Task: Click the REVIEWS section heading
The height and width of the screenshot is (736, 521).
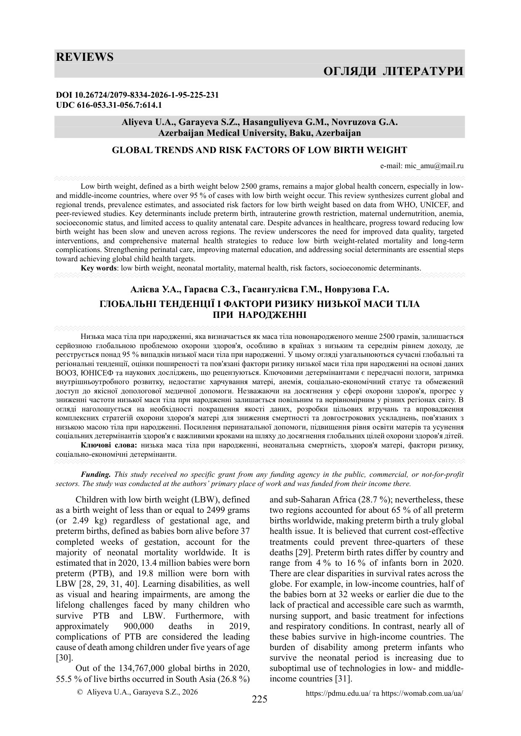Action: pyautogui.click(x=85, y=57)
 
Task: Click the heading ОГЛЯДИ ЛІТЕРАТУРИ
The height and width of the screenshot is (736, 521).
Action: pyautogui.click(x=393, y=71)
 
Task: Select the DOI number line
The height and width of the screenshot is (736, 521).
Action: pyautogui.click(x=137, y=95)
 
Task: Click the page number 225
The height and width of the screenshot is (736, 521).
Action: pyautogui.click(x=259, y=699)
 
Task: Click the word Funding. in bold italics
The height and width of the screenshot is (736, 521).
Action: pyautogui.click(x=96, y=474)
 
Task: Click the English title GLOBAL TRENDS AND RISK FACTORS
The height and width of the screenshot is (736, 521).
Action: pyautogui.click(x=259, y=150)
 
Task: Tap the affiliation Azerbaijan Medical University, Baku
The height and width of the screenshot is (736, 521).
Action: pyautogui.click(x=259, y=133)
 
